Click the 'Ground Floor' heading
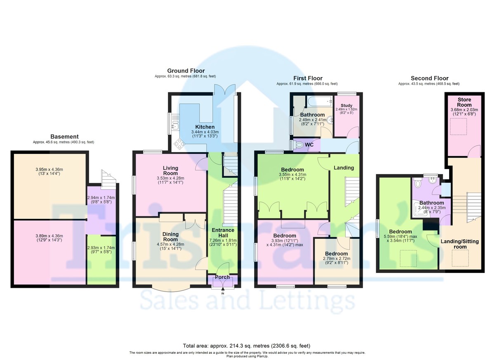point(186,71)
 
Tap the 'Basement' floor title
point(64,136)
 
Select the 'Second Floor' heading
point(429,78)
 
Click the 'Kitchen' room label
point(205,127)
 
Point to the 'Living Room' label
point(170,171)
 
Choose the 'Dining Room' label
point(170,237)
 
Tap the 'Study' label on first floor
point(346,105)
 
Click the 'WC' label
point(309,145)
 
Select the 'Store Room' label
point(464,102)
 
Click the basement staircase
point(108,179)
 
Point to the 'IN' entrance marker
point(223,293)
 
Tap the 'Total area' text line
point(247,346)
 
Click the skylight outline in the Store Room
point(458,126)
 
